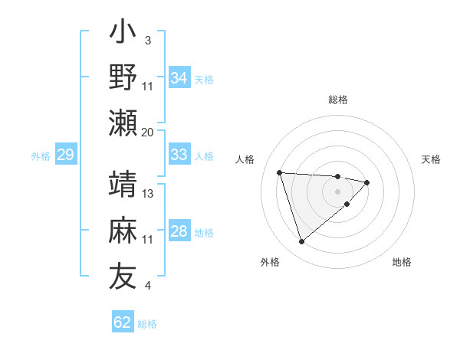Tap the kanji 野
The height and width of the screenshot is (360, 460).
coord(123,78)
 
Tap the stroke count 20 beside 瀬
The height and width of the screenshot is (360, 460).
coord(148,132)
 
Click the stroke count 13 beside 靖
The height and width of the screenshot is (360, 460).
coord(148,194)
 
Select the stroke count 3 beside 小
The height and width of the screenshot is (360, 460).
coord(147,39)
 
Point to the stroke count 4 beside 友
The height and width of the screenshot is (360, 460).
coord(147,286)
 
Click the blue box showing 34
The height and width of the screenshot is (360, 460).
coord(179,77)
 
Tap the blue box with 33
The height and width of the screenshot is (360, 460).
coord(179,155)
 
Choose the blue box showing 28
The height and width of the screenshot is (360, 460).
coord(179,231)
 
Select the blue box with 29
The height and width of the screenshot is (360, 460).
coord(65,155)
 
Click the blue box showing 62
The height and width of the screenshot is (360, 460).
coord(123,322)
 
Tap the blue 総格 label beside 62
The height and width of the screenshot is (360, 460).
coord(147,324)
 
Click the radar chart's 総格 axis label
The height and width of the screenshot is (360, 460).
coord(338,100)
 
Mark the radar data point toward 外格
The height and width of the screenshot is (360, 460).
coord(302,242)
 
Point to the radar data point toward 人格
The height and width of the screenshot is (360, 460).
coord(280,172)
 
